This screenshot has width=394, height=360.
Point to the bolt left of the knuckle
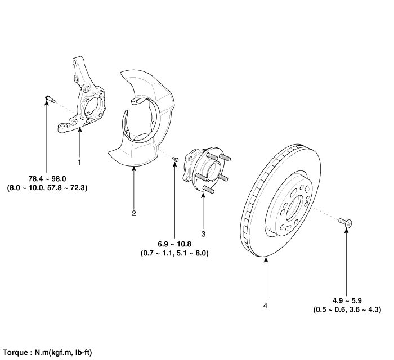click(x=48, y=100)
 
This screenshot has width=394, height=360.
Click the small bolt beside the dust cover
click(x=176, y=160)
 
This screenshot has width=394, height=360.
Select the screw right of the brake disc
click(x=346, y=223)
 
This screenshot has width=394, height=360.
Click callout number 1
click(x=79, y=162)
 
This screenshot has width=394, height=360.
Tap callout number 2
click(x=134, y=213)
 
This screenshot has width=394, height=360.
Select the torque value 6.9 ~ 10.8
click(x=174, y=245)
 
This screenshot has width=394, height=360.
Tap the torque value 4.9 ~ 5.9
click(x=347, y=300)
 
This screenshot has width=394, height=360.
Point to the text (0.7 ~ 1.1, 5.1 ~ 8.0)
click(x=174, y=254)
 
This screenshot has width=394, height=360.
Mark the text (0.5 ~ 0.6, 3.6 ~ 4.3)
click(x=347, y=309)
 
